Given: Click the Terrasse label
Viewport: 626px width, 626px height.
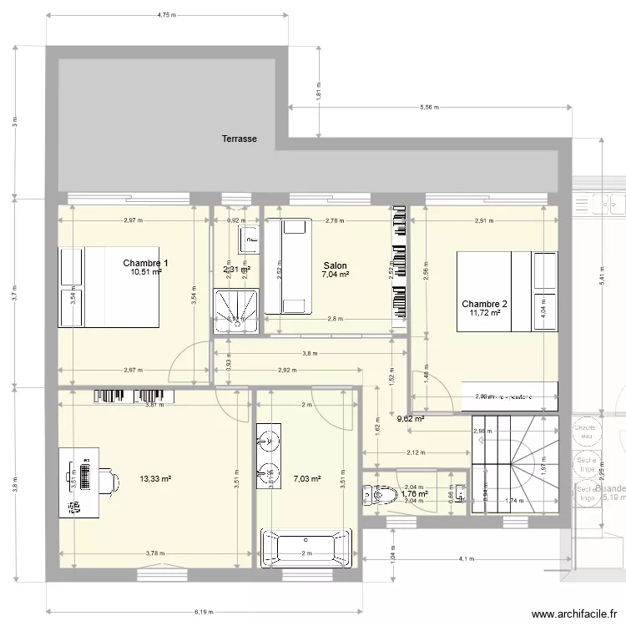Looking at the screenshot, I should tap(239, 139).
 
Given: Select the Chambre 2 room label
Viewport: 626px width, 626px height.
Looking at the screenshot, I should tap(484, 304).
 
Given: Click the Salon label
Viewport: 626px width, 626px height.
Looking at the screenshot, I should tap(335, 243).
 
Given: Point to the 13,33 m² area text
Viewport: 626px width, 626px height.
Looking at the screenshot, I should tap(155, 479).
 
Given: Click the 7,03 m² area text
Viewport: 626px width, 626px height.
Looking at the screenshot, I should tap(307, 479).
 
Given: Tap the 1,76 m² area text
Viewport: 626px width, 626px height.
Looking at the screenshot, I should tap(414, 494).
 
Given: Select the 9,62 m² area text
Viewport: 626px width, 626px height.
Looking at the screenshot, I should tap(411, 419).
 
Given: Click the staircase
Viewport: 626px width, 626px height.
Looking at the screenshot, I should tap(513, 463).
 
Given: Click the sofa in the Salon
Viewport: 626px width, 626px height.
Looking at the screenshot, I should tap(286, 265).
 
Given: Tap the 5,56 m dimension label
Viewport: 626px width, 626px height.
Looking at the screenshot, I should tap(430, 107).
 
